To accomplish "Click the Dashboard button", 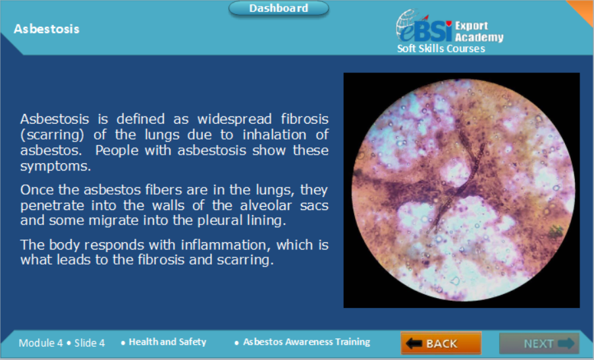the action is [279, 9].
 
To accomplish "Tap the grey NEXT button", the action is [539, 344].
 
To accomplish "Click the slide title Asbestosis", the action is [47, 29].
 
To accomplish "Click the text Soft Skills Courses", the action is [441, 49].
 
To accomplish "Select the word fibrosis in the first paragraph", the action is [305, 119].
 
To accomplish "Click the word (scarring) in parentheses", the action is [52, 135].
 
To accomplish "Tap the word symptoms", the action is [55, 166].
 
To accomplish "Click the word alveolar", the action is [266, 205].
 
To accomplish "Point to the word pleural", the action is [220, 220].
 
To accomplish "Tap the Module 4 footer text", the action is [41, 343].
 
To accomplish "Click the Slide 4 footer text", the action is [90, 343].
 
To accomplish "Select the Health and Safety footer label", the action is [167, 342].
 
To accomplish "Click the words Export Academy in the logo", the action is [479, 32].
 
